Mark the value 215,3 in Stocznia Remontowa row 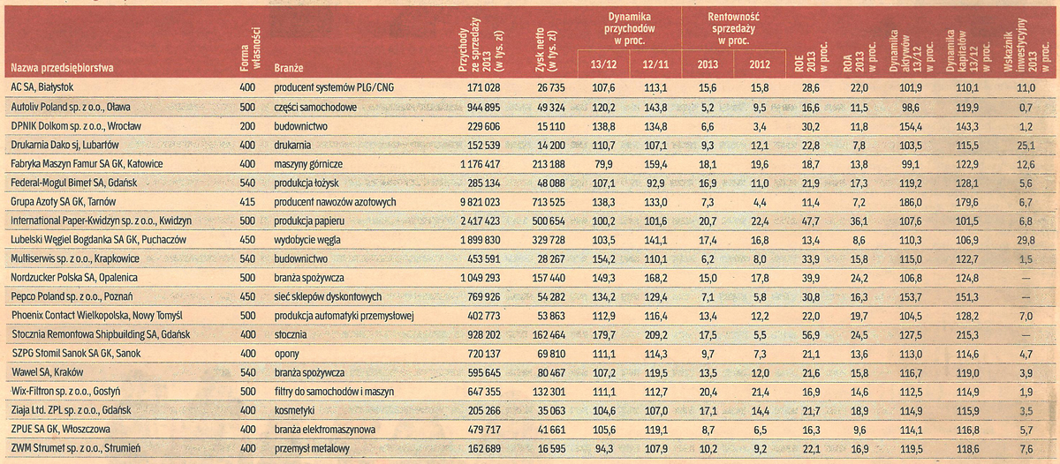pyautogui.click(x=969, y=334)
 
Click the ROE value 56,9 pyautogui.click(x=810, y=334)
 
